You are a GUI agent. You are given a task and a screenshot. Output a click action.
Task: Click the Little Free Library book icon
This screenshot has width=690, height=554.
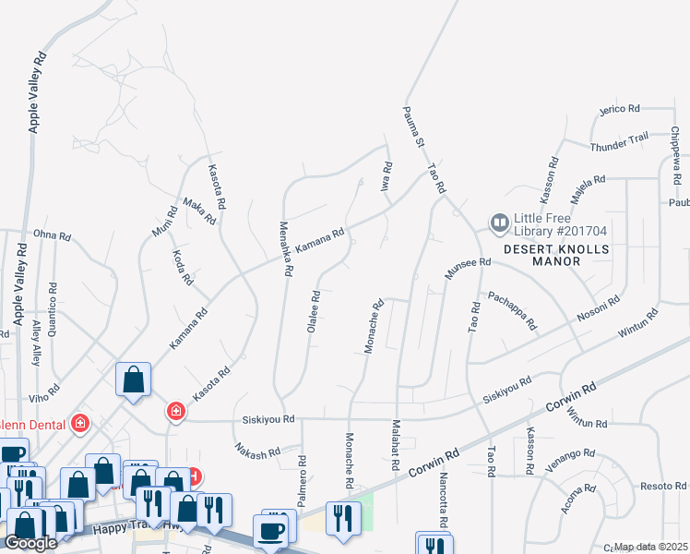click(499, 223)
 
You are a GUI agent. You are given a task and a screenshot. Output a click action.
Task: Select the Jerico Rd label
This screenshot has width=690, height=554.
click(619, 109)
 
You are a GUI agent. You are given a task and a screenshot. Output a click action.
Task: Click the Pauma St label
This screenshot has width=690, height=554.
click(412, 127)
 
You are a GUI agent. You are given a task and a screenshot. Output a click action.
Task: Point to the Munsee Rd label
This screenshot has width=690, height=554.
click(467, 265)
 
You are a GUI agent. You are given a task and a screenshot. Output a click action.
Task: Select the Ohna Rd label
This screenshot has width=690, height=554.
click(52, 236)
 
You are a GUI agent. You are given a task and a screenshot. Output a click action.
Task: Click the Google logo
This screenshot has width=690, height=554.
click(30, 543)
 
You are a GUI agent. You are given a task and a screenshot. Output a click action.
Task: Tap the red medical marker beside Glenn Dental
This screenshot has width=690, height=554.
click(81, 424)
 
